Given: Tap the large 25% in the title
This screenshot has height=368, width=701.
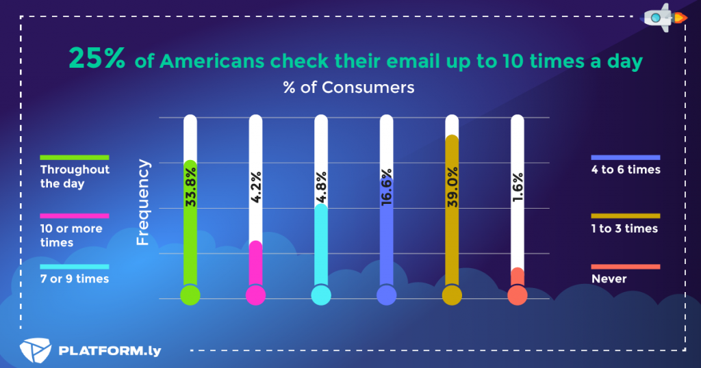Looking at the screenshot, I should click(x=97, y=60).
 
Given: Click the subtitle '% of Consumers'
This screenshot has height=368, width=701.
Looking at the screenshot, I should click(x=349, y=88).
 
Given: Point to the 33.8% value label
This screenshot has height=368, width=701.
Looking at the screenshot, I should click(x=190, y=187).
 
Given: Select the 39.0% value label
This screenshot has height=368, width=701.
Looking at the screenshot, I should click(x=452, y=187).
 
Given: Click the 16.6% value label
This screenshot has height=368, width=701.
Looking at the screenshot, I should click(x=387, y=187).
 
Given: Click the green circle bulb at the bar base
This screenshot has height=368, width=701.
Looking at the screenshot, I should click(x=190, y=295).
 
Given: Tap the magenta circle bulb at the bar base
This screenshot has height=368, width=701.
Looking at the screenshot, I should click(x=255, y=295).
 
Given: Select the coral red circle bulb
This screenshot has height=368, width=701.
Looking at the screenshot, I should click(x=518, y=295).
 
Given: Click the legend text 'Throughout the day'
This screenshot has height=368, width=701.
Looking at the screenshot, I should click(x=75, y=176).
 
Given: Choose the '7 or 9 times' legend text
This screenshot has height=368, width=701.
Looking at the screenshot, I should click(x=75, y=278).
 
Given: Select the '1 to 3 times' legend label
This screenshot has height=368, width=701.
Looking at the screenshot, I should click(x=624, y=228).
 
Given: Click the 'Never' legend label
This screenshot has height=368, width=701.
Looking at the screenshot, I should click(x=609, y=278).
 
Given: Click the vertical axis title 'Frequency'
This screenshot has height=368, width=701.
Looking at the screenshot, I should click(x=143, y=202).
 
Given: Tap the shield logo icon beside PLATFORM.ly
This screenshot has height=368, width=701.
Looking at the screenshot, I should click(x=35, y=351).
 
